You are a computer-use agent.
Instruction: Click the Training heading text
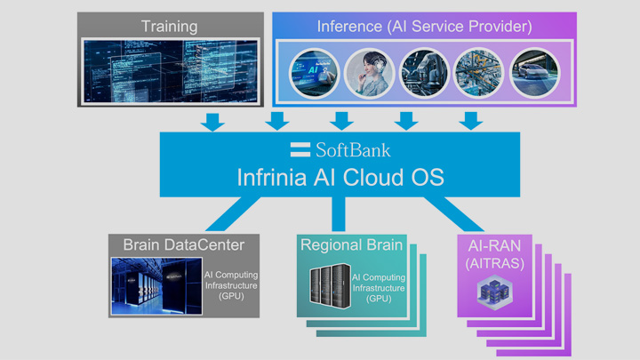tap(170, 26)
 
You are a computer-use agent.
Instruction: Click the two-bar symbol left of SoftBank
tap(300, 148)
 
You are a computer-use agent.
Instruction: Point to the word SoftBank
tap(351, 148)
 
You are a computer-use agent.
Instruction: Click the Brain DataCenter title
tap(183, 244)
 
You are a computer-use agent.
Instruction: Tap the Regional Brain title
tap(351, 244)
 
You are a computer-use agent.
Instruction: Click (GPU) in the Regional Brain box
tap(383, 298)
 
